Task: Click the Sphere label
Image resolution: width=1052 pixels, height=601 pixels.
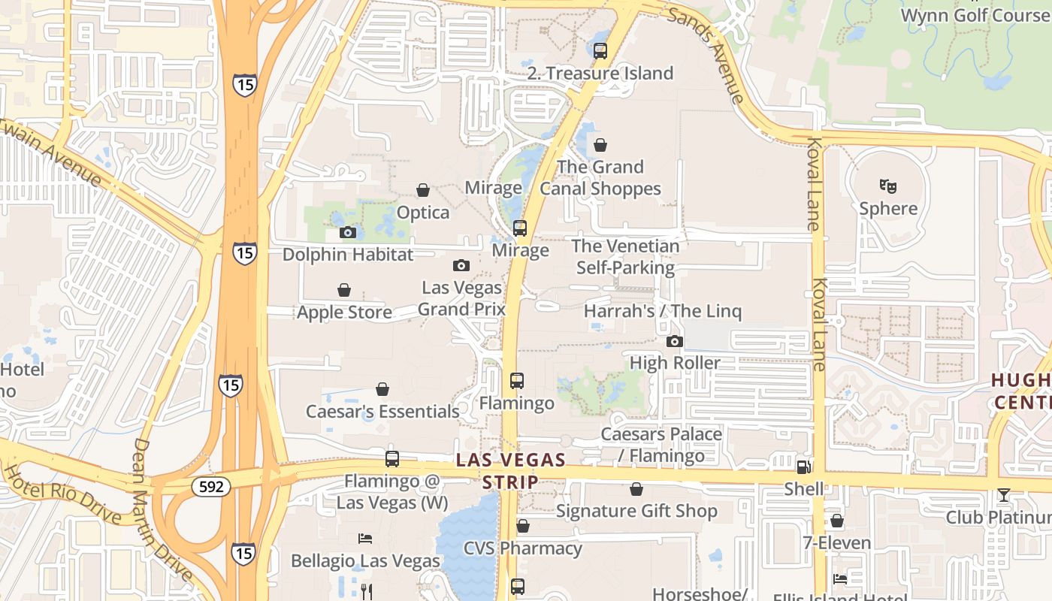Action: click(x=888, y=208)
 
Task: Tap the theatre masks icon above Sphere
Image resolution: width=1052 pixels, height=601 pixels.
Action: click(x=888, y=186)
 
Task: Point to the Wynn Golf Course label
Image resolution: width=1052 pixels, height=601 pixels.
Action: click(x=974, y=15)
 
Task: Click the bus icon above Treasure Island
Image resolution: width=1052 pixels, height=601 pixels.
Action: click(x=600, y=51)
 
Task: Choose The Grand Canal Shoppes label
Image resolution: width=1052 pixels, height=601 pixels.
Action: click(x=600, y=178)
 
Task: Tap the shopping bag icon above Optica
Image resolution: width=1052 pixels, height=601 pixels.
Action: click(x=423, y=190)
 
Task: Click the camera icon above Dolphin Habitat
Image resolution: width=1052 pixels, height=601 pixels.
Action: click(x=347, y=232)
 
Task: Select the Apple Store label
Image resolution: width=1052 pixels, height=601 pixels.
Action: click(x=344, y=312)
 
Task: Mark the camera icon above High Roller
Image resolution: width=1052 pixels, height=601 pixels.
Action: click(x=674, y=341)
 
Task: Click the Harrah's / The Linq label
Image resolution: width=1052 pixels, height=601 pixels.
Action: click(x=662, y=311)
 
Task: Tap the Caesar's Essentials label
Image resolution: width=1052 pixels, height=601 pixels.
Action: click(x=382, y=412)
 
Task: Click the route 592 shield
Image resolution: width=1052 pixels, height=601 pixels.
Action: click(x=211, y=487)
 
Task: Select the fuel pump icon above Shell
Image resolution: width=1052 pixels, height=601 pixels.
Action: click(x=803, y=467)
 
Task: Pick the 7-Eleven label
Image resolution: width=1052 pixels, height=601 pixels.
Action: click(x=836, y=542)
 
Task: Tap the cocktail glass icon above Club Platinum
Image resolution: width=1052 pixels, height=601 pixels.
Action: click(x=1003, y=495)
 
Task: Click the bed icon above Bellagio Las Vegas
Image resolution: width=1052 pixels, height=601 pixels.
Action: click(x=364, y=538)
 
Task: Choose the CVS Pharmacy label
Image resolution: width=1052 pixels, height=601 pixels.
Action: click(x=522, y=548)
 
